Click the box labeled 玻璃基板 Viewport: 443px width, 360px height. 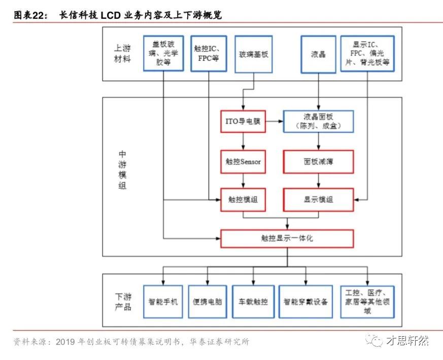coord(253,53)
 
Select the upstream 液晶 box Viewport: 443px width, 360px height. coord(318,53)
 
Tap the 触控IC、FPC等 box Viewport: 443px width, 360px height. coord(207,53)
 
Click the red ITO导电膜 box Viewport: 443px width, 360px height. coord(243,121)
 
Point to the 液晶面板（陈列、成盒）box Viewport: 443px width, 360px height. coord(318,121)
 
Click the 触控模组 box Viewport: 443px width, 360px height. coord(243,200)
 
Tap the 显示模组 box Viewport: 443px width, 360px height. coord(318,200)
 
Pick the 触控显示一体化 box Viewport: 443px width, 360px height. coord(287,237)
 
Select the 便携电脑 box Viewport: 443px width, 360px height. coord(207,302)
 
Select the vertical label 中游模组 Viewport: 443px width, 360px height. coord(122,169)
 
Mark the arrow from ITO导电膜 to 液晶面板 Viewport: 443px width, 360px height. coord(274,121)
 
